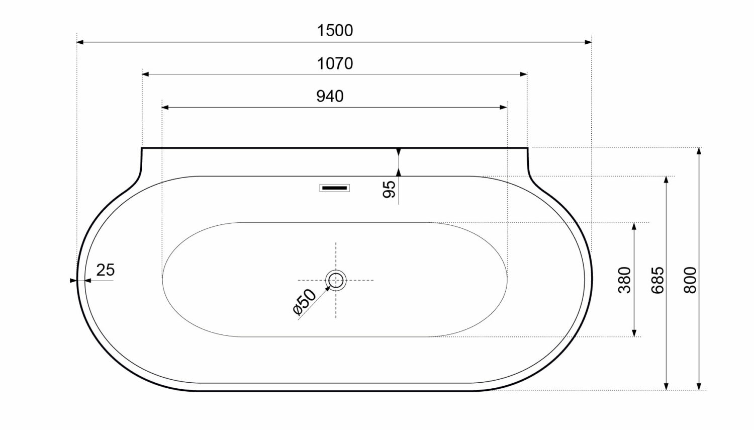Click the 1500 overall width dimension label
click(335, 31)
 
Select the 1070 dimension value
click(335, 64)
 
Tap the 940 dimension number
click(330, 96)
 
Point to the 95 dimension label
click(389, 189)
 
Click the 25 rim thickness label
click(106, 270)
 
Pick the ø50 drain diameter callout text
click(304, 302)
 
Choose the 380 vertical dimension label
click(625, 280)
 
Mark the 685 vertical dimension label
click(657, 280)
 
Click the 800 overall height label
click(691, 280)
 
